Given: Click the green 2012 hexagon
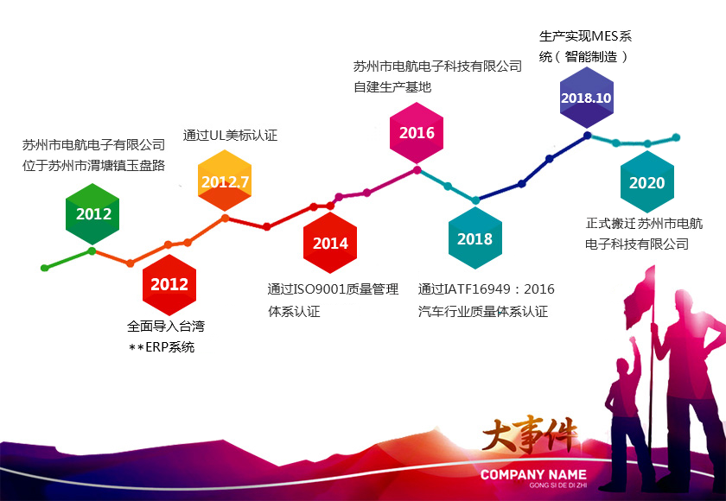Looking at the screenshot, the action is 92,213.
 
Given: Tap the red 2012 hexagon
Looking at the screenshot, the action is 169,284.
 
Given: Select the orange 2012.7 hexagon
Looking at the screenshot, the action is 225,181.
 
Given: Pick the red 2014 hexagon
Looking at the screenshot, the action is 330,243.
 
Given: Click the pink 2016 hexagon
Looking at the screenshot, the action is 417,133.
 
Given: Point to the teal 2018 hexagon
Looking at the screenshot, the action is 475,238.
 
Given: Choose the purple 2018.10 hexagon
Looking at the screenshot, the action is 587,98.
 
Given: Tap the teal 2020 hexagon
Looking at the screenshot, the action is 647,182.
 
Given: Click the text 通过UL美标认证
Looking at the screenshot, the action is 230,136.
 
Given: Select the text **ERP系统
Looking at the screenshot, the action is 162,347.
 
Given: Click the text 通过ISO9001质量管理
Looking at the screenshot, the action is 333,289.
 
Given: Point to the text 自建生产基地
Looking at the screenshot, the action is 392,87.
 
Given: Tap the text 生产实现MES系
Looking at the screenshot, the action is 586,36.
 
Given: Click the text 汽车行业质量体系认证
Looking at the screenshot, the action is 483,311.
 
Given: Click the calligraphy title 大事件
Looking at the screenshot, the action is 530,435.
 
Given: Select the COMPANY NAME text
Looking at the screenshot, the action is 533,474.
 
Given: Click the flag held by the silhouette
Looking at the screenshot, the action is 640,298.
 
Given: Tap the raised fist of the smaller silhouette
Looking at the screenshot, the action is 633,341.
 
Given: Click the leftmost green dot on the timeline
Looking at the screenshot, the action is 44,268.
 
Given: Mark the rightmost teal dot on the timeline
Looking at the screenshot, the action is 676,137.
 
